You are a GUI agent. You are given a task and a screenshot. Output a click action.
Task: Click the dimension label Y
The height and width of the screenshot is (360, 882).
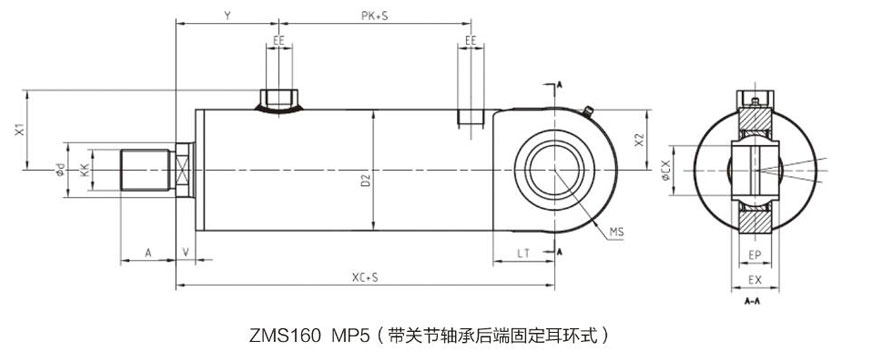pyautogui.click(x=227, y=16)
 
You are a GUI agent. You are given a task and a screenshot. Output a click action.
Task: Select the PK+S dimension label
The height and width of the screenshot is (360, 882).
pyautogui.click(x=375, y=16)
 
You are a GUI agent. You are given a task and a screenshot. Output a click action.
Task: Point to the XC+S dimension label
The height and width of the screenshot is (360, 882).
pyautogui.click(x=365, y=278)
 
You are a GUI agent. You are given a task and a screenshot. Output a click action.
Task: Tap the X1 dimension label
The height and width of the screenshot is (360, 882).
pyautogui.click(x=20, y=130)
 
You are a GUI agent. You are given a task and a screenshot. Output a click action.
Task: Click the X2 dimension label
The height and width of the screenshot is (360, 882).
pyautogui.click(x=639, y=140)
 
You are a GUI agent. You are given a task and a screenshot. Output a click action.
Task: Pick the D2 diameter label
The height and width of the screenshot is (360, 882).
pyautogui.click(x=365, y=181)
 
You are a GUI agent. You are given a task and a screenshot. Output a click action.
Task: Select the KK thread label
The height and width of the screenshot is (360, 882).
pyautogui.click(x=84, y=170)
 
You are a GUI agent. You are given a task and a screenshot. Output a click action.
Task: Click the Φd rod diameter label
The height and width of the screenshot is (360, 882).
pyautogui.click(x=60, y=170)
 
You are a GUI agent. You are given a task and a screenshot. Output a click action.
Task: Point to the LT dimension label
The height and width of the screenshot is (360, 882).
pyautogui.click(x=523, y=254)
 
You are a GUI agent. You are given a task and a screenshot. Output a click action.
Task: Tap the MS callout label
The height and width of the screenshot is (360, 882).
pyautogui.click(x=616, y=232)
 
